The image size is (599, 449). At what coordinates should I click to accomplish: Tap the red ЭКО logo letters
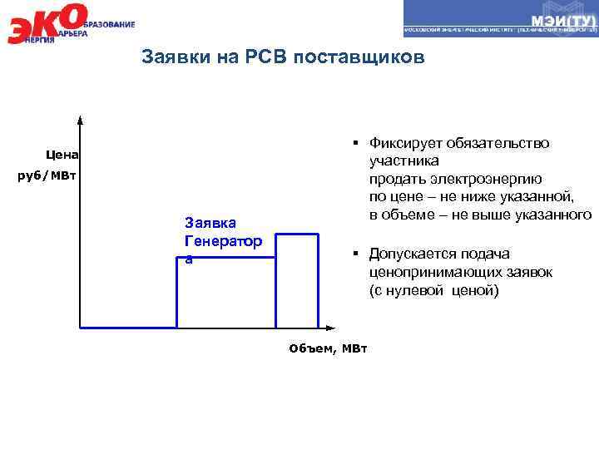(x=46, y=23)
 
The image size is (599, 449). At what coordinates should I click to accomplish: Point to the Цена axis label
(x=62, y=154)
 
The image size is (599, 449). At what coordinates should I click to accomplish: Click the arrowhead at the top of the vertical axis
(x=81, y=119)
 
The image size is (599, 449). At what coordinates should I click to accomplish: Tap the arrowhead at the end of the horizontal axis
(x=332, y=328)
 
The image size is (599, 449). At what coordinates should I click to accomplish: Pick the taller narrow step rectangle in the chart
(x=296, y=281)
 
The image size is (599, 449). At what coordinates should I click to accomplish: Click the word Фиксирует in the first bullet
(x=405, y=143)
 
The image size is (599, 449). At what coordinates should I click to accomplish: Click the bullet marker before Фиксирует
(x=354, y=143)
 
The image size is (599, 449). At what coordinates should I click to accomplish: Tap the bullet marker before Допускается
(x=354, y=254)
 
